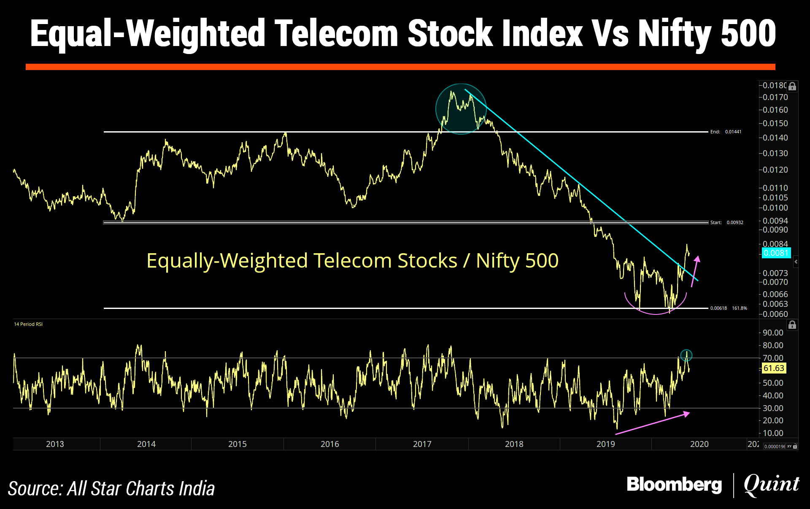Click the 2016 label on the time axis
329,444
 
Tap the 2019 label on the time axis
605,444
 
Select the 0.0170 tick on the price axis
775,97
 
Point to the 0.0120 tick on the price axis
775,170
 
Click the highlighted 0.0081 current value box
776,253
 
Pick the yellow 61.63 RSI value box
774,368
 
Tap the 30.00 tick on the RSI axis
773,408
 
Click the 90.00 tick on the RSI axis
773,333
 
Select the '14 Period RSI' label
28,324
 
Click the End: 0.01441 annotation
726,132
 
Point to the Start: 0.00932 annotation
726,222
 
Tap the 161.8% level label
740,308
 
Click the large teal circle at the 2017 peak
461,109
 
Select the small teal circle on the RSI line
686,355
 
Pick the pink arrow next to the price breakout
695,271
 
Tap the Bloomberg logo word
674,485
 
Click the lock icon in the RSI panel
792,325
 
